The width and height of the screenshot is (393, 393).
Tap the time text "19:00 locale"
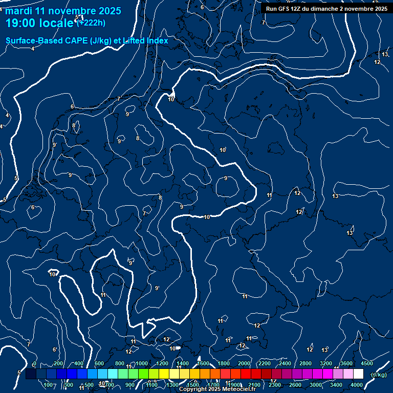40,24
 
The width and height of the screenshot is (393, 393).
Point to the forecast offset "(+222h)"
91,23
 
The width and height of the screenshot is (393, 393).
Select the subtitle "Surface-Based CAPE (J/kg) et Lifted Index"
87,40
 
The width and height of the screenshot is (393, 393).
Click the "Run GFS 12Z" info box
326,9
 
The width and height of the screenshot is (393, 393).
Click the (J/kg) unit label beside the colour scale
379,375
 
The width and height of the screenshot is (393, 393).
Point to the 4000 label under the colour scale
357,385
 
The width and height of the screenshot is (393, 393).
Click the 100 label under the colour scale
49,385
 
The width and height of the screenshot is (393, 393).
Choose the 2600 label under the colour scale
295,385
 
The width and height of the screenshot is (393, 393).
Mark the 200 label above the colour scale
58,363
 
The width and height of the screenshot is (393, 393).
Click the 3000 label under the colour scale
316,385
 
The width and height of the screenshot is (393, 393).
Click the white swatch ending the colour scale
358,374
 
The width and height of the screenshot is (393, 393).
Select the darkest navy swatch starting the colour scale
31,374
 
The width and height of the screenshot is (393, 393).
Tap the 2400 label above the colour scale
285,363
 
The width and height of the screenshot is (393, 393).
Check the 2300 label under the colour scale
275,385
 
